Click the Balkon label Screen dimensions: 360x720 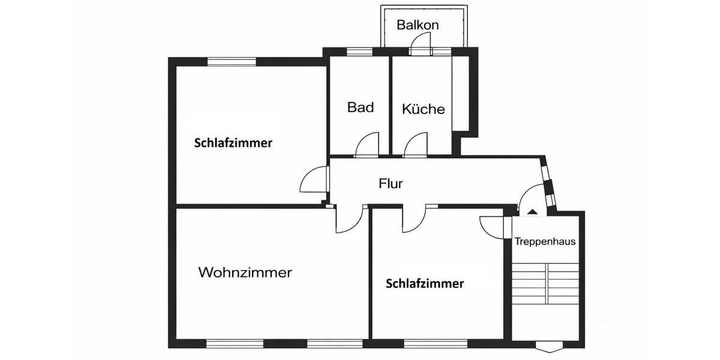click(418, 25)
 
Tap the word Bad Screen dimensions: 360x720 click(361, 107)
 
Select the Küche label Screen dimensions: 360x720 click(424, 109)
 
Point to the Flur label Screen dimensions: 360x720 click(391, 184)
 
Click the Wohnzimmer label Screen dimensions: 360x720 click(245, 272)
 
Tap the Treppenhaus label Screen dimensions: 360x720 click(545, 242)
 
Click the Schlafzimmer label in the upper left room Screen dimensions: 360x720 click(233, 143)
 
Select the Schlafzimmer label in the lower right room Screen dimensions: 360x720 click(425, 284)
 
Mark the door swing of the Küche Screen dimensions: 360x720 click(415, 145)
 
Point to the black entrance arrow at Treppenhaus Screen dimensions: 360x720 click(532, 211)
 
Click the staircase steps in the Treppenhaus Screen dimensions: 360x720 click(545, 284)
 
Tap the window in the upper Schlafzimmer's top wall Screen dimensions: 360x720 click(232, 61)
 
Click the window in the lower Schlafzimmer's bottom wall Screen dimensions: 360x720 click(435, 344)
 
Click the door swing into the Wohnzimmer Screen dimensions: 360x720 click(346, 220)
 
